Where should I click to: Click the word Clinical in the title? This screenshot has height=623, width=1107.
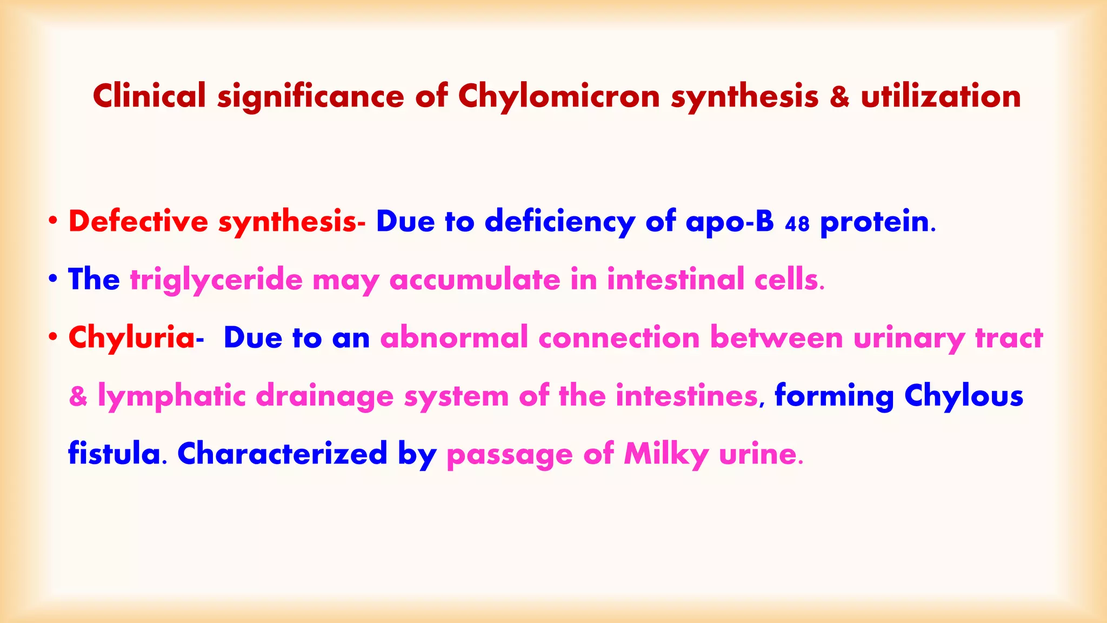coord(149,96)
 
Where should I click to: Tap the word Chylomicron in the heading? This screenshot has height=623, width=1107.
coord(559,97)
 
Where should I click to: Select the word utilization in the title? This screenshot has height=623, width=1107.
coord(941,96)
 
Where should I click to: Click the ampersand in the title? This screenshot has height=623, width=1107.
coord(839,97)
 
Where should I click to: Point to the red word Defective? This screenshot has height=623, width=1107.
coord(138,222)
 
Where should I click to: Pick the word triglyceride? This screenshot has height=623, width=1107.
coord(216,280)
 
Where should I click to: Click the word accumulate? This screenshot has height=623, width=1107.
coord(475,280)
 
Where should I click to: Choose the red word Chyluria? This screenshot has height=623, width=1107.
coord(131,338)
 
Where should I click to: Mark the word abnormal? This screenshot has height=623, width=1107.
coord(454,338)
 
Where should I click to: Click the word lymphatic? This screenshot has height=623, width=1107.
coord(171,396)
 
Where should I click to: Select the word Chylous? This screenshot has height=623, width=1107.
coord(964,396)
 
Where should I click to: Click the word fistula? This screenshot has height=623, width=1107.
coord(114,453)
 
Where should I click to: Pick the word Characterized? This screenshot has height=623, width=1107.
coord(282,453)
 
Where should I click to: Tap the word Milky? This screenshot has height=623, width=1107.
coord(666,454)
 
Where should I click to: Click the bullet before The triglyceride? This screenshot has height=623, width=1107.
coord(52,279)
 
